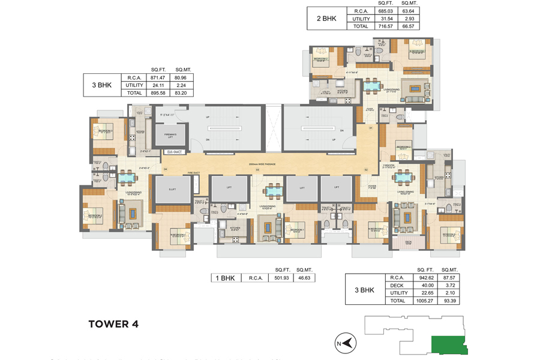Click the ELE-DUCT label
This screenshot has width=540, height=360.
tap(175, 152)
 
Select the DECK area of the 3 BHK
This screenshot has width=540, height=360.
tap(408, 242)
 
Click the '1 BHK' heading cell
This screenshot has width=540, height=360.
tap(224, 278)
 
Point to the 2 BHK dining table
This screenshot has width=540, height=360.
tap(375, 86)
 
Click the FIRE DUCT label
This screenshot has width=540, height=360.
tap(193, 173)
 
